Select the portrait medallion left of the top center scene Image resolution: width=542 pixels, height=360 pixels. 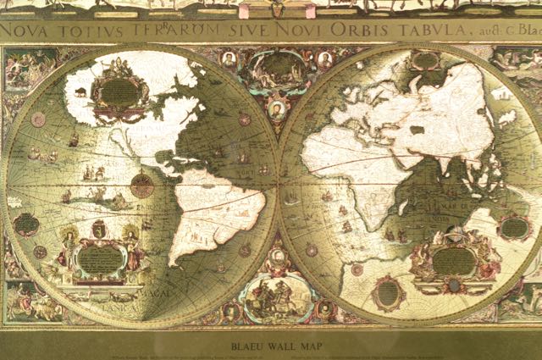229,60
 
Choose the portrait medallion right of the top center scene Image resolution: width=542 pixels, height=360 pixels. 325,60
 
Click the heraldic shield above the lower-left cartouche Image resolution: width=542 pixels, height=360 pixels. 98,229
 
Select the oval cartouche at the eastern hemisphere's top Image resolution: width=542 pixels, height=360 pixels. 426,61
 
